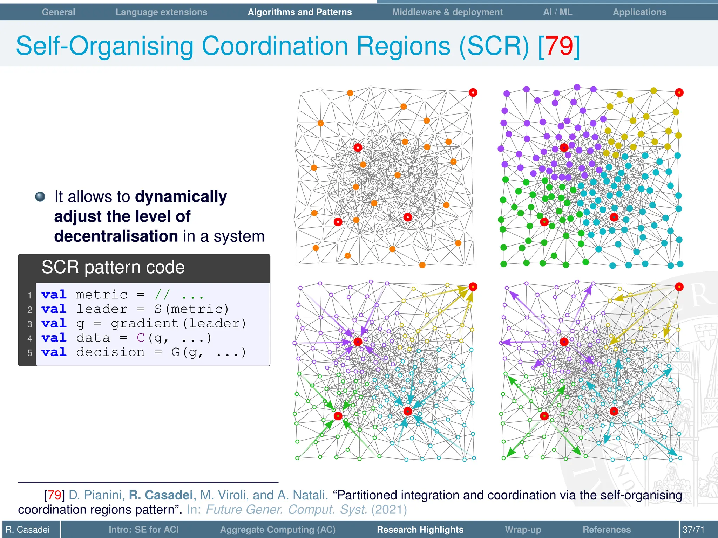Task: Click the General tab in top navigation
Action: click(59, 12)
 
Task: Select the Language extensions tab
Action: click(161, 12)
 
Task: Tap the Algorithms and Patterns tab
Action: click(300, 12)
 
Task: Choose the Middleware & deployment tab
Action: click(447, 12)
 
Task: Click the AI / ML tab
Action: click(557, 12)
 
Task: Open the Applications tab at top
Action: click(639, 12)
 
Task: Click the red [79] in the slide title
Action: click(560, 46)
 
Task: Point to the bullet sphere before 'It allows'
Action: click(40, 196)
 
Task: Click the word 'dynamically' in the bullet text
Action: click(181, 196)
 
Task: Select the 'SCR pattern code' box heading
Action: click(113, 267)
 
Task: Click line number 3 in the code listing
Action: click(30, 324)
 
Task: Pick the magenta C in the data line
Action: click(141, 338)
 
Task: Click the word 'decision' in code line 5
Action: click(110, 352)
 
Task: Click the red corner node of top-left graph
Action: click(473, 92)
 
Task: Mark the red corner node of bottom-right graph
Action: click(679, 287)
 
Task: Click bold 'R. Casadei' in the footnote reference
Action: click(161, 495)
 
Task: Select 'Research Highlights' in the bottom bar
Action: click(420, 530)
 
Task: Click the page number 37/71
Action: click(693, 530)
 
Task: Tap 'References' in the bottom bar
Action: click(607, 530)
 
